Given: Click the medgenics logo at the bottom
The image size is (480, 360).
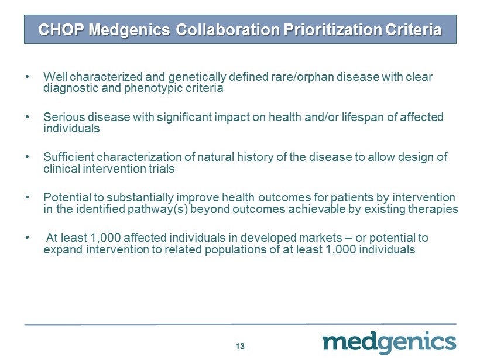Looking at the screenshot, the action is point(389,343).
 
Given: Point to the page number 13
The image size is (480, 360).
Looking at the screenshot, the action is point(240,346).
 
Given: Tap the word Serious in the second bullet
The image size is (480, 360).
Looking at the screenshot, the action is point(64,117).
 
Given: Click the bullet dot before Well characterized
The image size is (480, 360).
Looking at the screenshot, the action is point(28,76).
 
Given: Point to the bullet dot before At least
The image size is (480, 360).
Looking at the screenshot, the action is point(28,238).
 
